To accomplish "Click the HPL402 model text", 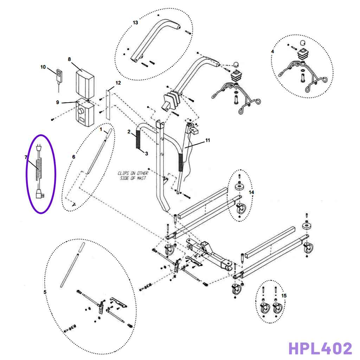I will tap(320, 348).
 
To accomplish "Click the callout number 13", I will tap(135, 22).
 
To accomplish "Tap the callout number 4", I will tap(272, 51).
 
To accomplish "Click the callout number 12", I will tap(118, 83).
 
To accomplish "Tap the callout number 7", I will tap(26, 157).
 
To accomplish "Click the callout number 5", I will tap(45, 292).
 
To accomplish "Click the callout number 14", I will tap(251, 192).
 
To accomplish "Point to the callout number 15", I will tap(284, 296).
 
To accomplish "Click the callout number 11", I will tap(207, 140).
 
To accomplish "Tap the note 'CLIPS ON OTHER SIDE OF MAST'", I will tap(133, 176).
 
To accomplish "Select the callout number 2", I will tap(129, 131).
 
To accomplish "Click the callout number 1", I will tap(101, 129).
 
